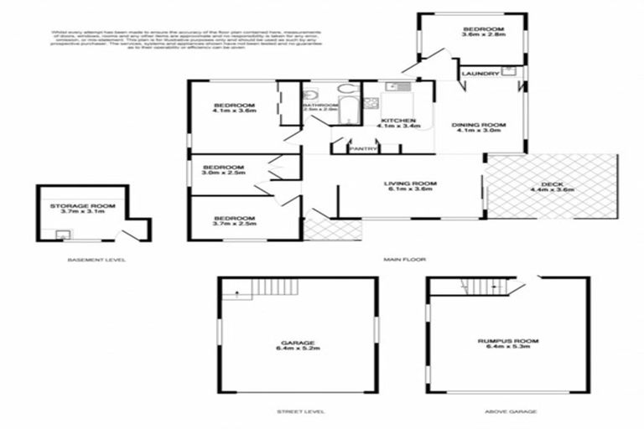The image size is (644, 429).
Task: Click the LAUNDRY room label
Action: click(480, 75)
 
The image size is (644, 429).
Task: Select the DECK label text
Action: click(553, 184)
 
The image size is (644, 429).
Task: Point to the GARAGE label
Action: click(298, 343)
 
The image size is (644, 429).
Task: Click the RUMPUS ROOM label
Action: click(508, 341)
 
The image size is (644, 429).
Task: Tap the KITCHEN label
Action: click(395, 121)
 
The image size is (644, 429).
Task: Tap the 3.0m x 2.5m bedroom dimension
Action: click(223, 173)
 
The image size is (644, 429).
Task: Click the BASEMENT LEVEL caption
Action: click(96, 260)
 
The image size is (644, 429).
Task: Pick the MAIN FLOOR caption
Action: click(401, 260)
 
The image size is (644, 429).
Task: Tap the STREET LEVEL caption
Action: click(300, 411)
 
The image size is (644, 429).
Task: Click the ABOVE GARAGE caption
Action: click(509, 411)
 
